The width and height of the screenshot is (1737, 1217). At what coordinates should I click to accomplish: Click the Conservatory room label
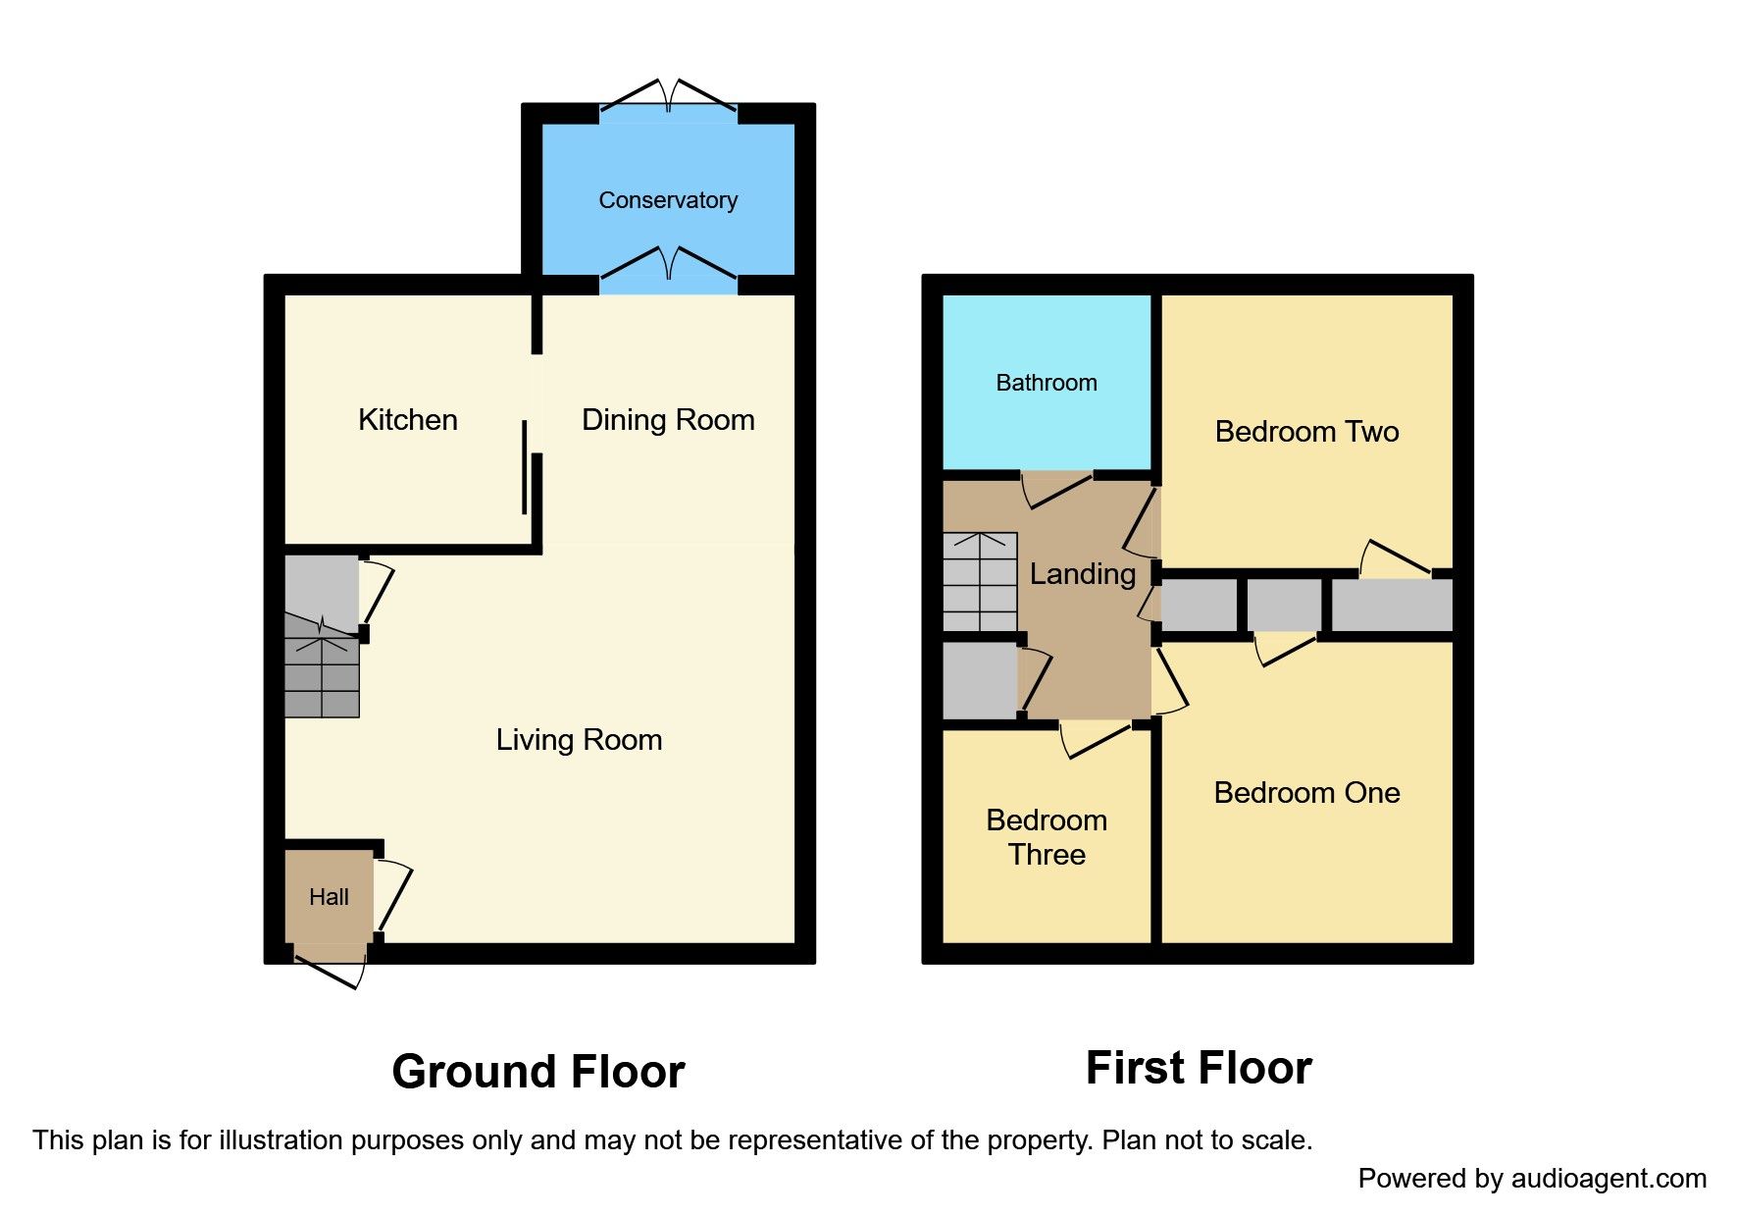(668, 200)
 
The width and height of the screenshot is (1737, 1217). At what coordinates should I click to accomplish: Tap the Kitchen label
(408, 420)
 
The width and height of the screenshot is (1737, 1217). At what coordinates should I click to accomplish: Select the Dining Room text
(668, 420)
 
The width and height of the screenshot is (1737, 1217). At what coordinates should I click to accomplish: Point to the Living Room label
(579, 740)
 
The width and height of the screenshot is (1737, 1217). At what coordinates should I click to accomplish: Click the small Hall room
(329, 897)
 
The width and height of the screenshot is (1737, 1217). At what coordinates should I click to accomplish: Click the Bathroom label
(1047, 383)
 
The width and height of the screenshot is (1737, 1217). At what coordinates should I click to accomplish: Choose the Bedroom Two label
(1306, 432)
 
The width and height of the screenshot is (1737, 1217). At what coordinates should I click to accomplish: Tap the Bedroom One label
(1306, 793)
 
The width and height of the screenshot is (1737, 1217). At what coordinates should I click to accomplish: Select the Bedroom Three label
(1047, 837)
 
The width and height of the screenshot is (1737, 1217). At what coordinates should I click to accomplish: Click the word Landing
(1083, 574)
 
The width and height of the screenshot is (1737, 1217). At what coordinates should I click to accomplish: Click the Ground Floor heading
(538, 1072)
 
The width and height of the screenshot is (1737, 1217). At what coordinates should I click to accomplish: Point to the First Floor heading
(1199, 1068)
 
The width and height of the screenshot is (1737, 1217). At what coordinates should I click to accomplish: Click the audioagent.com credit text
(1532, 1179)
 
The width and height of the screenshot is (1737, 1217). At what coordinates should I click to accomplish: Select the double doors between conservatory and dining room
(668, 267)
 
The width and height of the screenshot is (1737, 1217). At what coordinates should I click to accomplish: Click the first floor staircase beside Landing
(980, 582)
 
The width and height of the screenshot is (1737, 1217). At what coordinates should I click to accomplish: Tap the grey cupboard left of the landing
(979, 679)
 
